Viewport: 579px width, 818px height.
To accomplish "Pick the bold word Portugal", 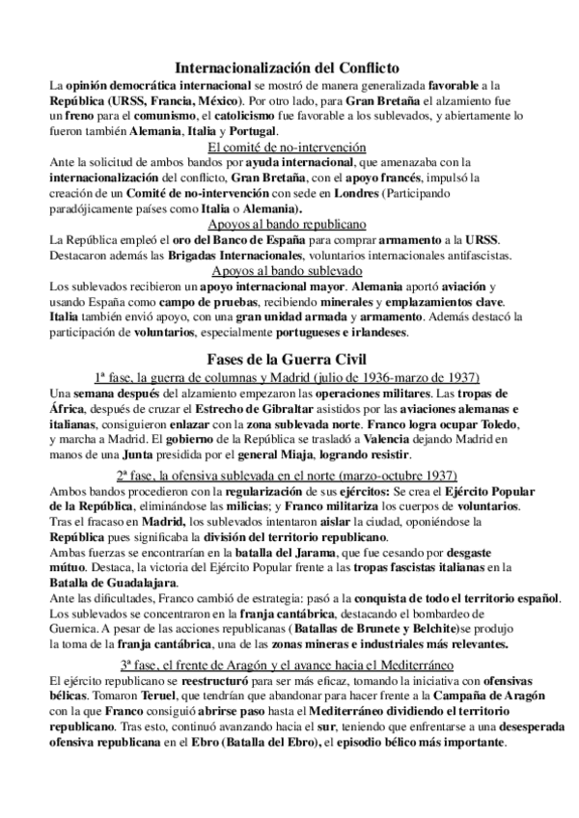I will pos(250,131).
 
